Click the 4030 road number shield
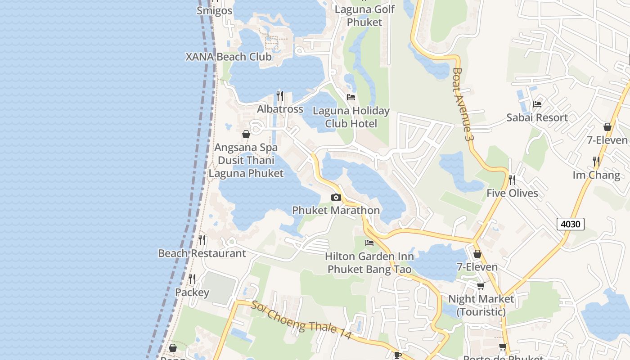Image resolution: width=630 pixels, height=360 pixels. [570, 224]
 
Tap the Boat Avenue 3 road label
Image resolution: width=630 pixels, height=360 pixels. [463, 105]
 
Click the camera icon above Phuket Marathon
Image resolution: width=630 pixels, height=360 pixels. [336, 197]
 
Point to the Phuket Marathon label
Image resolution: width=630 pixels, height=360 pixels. [336, 210]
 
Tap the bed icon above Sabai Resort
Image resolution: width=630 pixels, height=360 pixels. [537, 104]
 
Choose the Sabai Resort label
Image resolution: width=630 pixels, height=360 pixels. [537, 117]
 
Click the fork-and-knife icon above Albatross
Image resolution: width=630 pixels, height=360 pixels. [280, 95]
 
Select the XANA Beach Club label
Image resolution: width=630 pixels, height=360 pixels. [229, 57]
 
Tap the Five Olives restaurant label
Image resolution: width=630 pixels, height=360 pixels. [512, 193]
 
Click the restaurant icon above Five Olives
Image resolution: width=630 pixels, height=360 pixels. [512, 180]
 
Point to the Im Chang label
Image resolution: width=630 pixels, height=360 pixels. [596, 175]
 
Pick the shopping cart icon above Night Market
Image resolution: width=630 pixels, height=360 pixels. [481, 286]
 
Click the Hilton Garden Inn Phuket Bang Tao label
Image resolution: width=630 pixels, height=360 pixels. [369, 263]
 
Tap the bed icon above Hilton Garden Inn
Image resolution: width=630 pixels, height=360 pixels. [369, 243]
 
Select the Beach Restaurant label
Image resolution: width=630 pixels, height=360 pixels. [202, 253]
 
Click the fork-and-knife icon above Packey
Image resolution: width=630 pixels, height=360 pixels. [192, 279]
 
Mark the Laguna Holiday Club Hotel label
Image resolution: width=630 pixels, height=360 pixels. [351, 117]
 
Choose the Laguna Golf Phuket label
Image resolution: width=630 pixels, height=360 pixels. [364, 16]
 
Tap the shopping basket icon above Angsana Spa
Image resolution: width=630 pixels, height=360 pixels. [246, 134]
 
